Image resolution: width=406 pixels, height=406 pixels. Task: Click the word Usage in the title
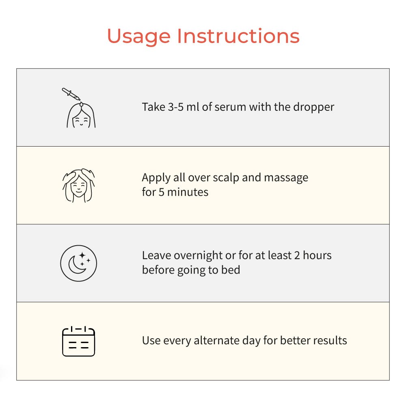point(139,37)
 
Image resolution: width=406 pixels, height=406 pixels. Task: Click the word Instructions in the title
point(238,36)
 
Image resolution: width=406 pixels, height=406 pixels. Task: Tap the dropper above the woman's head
point(71,94)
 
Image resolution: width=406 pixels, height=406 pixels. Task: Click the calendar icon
point(79,341)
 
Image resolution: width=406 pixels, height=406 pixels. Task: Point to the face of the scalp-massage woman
point(78,187)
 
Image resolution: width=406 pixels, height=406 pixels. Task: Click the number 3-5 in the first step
point(176,107)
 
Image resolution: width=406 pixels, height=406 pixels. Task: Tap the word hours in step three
point(317,255)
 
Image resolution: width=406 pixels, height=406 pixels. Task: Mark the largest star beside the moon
point(82,255)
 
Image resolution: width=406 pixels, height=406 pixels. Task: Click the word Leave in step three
point(156,255)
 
